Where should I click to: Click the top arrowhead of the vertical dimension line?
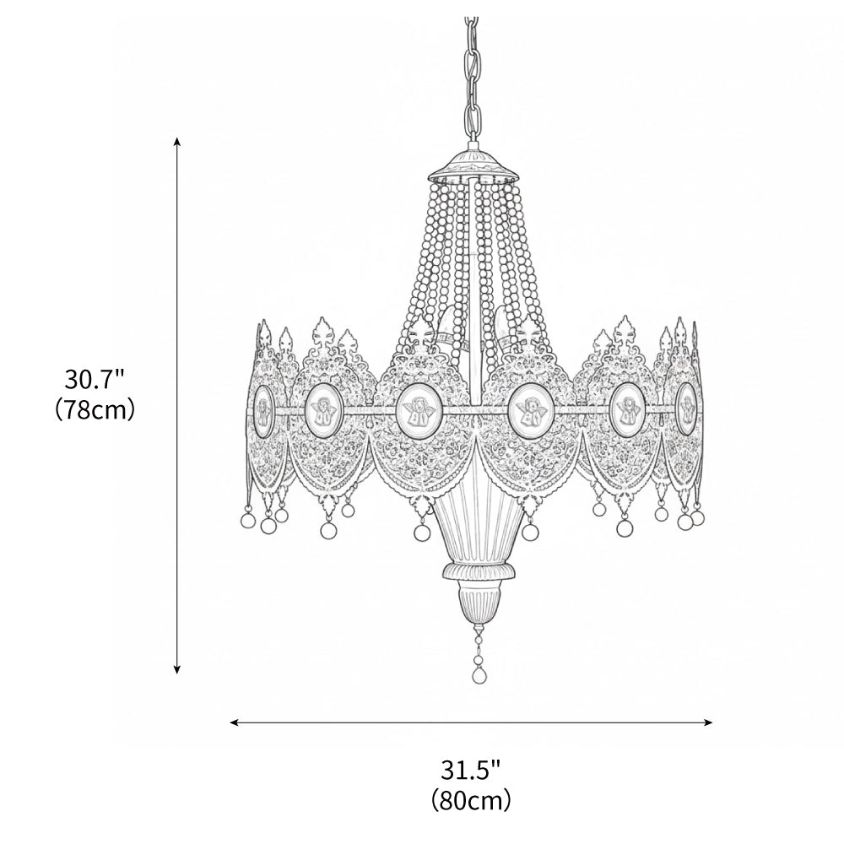(x=176, y=140)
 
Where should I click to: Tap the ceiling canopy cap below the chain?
(x=473, y=166)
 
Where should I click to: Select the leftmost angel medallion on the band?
(x=261, y=409)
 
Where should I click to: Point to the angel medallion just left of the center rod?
(x=416, y=408)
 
